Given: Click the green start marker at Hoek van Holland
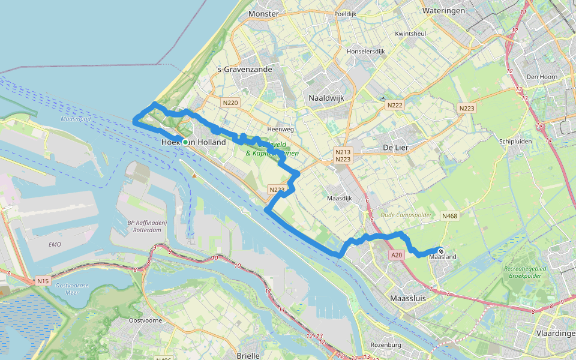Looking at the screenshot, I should (185, 142).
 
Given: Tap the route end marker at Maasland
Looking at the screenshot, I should (441, 252).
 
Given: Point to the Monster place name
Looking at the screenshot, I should (263, 13).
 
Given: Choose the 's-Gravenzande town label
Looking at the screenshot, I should (244, 70).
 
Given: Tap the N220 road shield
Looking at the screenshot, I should (230, 103).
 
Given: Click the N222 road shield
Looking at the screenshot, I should (394, 106).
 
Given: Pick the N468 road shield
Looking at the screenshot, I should (449, 216).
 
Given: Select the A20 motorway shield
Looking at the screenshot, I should (397, 255).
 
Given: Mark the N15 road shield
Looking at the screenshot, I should (42, 280).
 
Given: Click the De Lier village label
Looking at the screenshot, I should (395, 147).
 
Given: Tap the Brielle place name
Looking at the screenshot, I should (248, 355).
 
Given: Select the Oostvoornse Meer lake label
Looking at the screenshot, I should (71, 289).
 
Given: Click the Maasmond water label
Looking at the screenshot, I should (76, 119).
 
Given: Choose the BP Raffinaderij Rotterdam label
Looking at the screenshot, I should (146, 227).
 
